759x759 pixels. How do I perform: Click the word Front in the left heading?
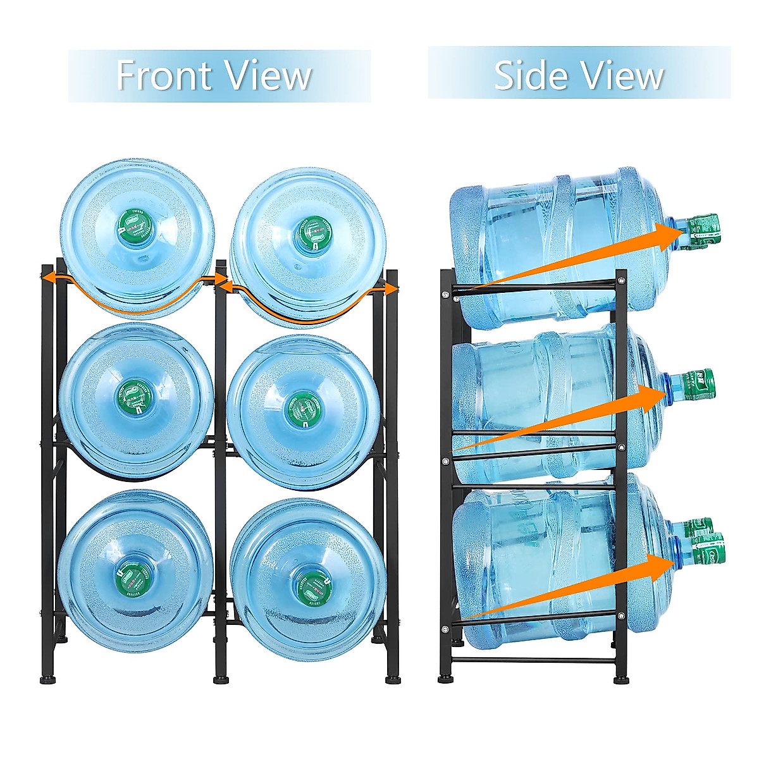click(x=163, y=76)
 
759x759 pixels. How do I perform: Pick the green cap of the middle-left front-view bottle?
click(x=135, y=397)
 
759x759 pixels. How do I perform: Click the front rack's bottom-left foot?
click(x=47, y=681)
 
